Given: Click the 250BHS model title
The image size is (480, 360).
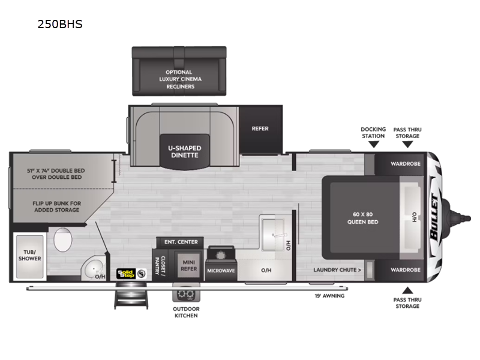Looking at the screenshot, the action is click(60, 24).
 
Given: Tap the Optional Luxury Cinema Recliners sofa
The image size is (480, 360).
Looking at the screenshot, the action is click(179, 71).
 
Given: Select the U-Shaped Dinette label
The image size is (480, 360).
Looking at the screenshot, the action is click(185, 152).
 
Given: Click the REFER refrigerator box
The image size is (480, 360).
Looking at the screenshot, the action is click(260, 129).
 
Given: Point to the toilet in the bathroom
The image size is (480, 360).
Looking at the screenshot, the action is click(63, 239).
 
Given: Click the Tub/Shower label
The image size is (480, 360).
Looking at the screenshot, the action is click(29, 256).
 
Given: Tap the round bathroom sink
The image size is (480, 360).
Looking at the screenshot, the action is click(93, 268).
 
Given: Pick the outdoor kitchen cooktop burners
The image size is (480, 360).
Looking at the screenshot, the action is click(186, 295).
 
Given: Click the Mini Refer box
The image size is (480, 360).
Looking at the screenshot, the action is click(189, 265).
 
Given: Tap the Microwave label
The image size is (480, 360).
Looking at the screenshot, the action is click(221, 271).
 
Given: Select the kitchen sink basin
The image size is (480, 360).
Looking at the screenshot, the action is click(273, 235).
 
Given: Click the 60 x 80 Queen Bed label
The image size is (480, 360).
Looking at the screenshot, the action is click(363, 218).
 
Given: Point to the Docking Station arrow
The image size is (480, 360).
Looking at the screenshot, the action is click(373, 145).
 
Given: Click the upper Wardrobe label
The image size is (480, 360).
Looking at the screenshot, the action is click(406, 164).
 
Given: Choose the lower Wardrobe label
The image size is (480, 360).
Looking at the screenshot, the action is click(406, 269).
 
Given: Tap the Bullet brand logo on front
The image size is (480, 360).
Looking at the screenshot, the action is click(435, 217).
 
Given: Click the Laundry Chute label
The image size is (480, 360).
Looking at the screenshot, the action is click(337, 270).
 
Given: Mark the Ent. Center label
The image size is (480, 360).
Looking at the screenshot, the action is click(181, 242).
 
